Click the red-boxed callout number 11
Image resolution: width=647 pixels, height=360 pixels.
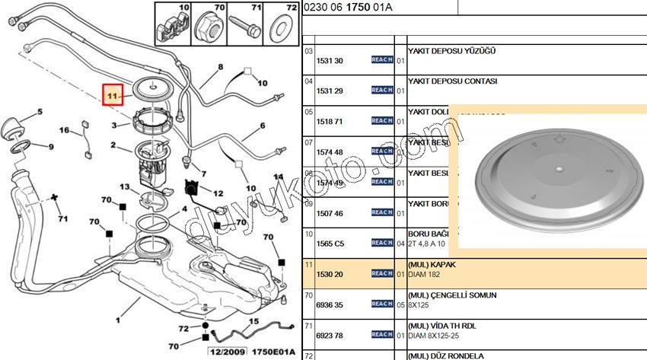click(x=113, y=96)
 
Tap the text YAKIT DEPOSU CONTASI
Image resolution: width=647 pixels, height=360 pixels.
click(x=452, y=80)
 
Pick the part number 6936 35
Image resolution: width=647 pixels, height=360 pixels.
click(x=329, y=304)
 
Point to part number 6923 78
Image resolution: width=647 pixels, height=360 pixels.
click(x=329, y=334)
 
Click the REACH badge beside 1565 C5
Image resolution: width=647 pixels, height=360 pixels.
click(x=382, y=243)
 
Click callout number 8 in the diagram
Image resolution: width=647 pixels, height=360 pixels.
click(x=221, y=67)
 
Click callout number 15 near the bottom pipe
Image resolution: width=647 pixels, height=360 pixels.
click(x=253, y=321)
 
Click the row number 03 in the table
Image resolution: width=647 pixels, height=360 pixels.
click(x=309, y=51)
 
